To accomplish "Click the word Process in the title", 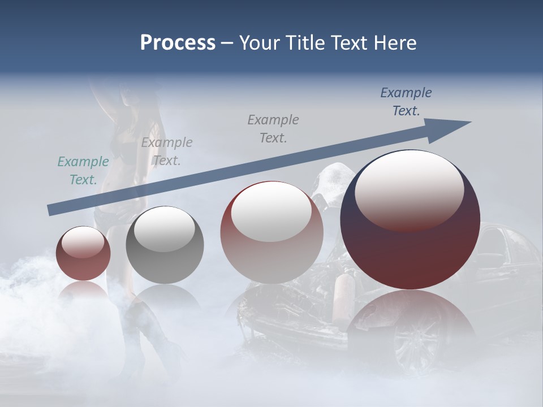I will (178, 43).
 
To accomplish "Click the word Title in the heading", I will (303, 43).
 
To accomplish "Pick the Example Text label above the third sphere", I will (273, 129).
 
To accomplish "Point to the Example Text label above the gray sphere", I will (167, 151).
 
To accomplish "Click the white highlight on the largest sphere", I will (409, 189).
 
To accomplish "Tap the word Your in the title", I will (258, 43).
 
